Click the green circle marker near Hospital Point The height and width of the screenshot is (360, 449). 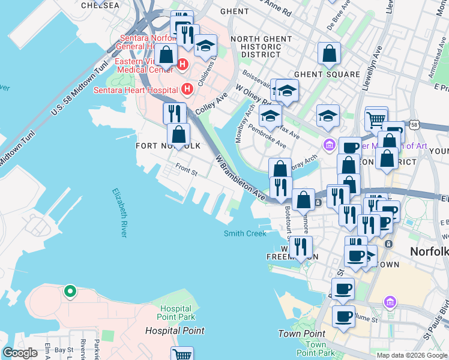[x=70, y=292]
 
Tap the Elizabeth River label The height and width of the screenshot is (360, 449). [x=119, y=212]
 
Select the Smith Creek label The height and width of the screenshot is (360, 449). [x=245, y=233]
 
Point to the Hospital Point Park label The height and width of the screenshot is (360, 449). [x=176, y=312]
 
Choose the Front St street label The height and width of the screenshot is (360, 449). [x=186, y=169]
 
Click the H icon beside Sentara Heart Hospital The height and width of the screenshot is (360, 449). [x=187, y=89]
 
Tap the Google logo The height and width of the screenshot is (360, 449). [x=20, y=353]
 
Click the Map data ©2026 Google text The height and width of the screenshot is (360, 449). [x=411, y=355]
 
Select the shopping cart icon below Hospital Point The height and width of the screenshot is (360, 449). [x=182, y=355]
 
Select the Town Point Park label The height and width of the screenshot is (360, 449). [x=316, y=349]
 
